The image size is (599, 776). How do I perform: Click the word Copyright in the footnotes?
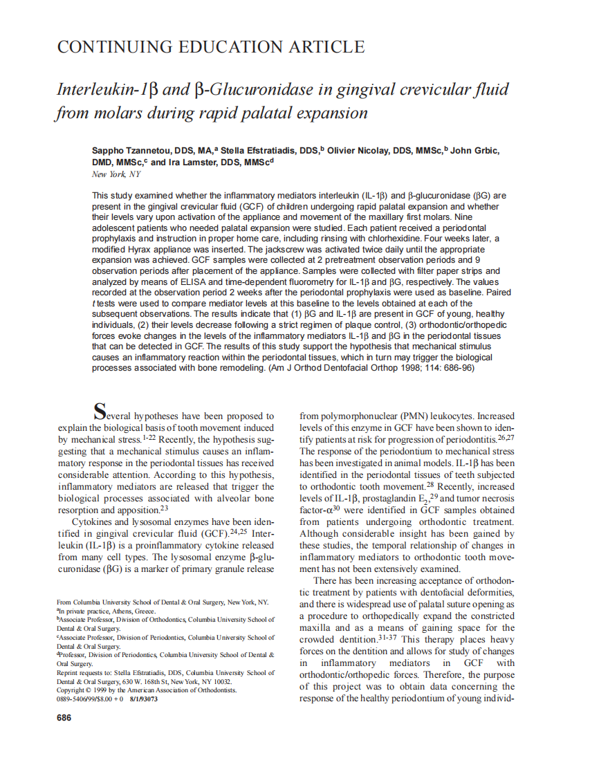[75, 690]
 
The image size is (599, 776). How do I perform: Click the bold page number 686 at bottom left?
[64, 718]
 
